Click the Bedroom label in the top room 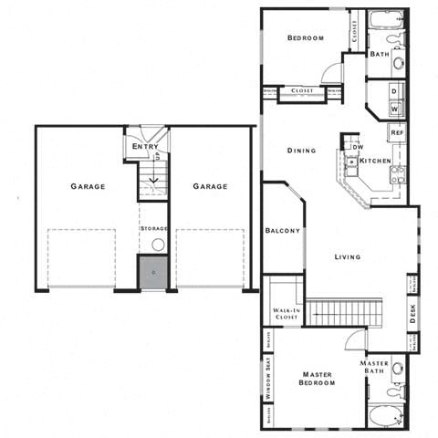click(x=306, y=37)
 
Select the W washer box click(x=394, y=109)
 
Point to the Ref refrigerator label click(x=397, y=133)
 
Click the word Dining click(x=301, y=151)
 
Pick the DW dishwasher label click(x=359, y=147)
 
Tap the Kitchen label click(x=375, y=161)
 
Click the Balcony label click(x=283, y=231)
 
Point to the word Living click(x=347, y=256)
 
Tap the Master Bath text click(x=376, y=368)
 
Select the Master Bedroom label click(x=317, y=379)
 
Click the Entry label click(x=145, y=146)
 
